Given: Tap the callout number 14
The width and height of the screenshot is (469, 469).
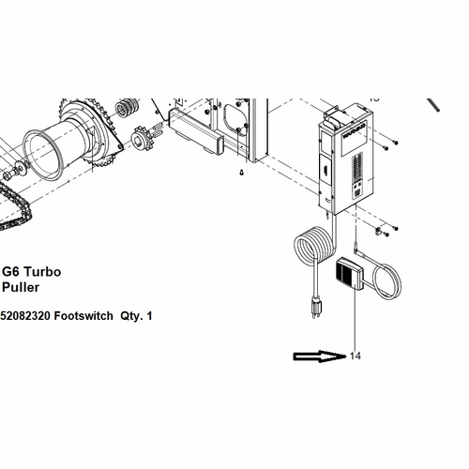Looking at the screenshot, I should click(x=355, y=356).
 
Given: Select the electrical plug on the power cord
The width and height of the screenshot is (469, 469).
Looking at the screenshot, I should click(x=317, y=305).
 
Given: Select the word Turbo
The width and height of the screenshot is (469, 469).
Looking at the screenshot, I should click(x=41, y=271).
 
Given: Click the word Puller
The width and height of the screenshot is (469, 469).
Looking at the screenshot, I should click(x=21, y=287).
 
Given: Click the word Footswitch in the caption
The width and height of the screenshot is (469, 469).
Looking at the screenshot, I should click(x=83, y=316).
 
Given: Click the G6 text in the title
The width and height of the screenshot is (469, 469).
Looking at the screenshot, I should click(x=10, y=271).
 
